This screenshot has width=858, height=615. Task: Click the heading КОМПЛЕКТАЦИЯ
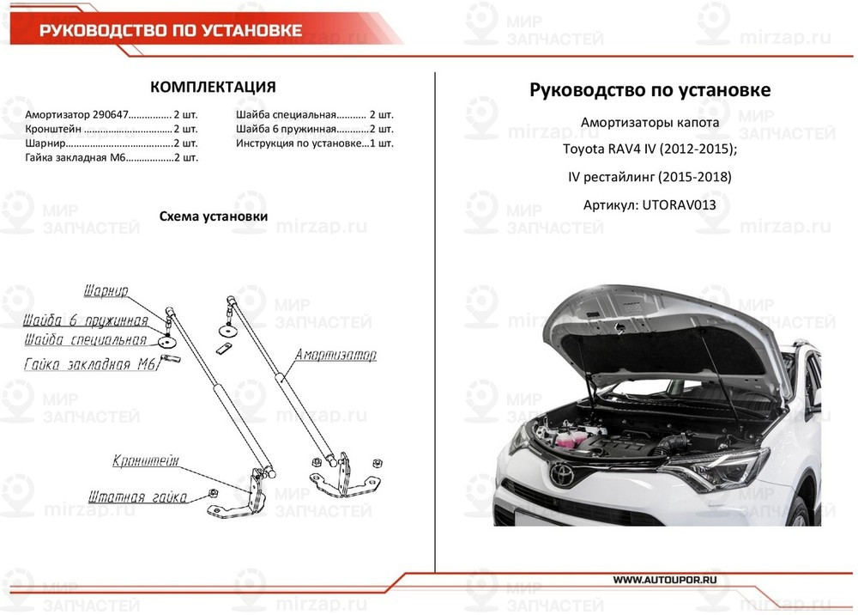point(213,88)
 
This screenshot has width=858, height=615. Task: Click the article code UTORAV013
point(679,205)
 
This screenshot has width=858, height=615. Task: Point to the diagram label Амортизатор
point(335,355)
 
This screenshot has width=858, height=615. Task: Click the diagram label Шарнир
point(106,291)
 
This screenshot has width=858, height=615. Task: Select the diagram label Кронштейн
point(145,461)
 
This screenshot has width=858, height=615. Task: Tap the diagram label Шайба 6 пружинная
point(86,321)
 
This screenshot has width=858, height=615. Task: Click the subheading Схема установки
point(214,216)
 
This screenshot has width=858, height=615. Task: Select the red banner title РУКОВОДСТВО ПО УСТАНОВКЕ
point(171,31)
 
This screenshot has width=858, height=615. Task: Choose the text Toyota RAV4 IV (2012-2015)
point(649,149)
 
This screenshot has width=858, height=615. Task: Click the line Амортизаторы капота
point(650,122)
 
